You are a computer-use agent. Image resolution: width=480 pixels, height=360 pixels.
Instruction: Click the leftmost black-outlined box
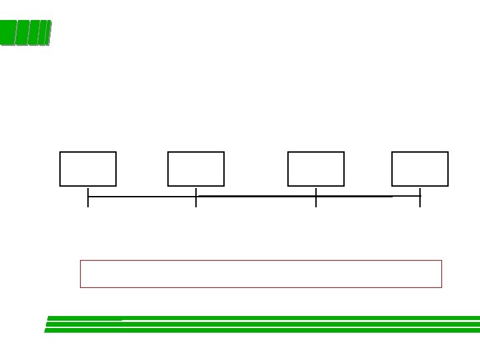pos(88,169)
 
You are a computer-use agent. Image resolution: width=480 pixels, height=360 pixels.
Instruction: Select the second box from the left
pos(196,169)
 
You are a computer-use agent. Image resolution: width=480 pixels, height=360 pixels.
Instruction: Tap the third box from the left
pos(316,169)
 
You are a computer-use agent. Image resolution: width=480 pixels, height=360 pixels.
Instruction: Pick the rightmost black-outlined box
pos(420,169)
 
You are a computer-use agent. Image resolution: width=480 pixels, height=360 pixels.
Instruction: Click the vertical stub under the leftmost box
pos(88,203)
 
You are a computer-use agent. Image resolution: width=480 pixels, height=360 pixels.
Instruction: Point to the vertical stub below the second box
pos(196,203)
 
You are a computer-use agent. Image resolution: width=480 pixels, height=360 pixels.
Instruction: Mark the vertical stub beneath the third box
pos(316,203)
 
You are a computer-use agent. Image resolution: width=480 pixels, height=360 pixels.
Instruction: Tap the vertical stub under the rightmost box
pos(420,203)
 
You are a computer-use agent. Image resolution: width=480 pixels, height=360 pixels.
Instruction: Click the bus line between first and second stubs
pos(142,197)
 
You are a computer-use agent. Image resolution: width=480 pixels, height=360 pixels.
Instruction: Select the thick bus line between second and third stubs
pos(256,197)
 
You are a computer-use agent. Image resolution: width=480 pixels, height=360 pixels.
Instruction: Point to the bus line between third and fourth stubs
pos(368,197)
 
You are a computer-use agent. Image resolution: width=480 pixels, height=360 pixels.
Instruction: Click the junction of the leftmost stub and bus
pos(88,197)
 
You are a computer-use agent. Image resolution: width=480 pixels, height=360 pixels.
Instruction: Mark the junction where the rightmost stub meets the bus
pos(420,197)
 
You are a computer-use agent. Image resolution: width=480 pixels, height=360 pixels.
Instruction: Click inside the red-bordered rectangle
pos(261,274)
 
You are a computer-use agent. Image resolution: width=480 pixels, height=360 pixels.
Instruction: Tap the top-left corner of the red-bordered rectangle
pos(81,261)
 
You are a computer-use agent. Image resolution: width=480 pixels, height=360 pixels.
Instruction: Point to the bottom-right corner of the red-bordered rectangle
pos(441,287)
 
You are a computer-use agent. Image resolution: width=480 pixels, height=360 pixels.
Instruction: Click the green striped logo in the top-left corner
pos(25,33)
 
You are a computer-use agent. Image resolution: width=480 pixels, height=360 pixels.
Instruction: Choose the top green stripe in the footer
pos(267,318)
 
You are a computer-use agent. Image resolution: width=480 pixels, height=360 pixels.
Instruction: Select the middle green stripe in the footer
pos(267,324)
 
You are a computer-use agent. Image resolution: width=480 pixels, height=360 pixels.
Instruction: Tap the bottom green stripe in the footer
pos(267,330)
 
